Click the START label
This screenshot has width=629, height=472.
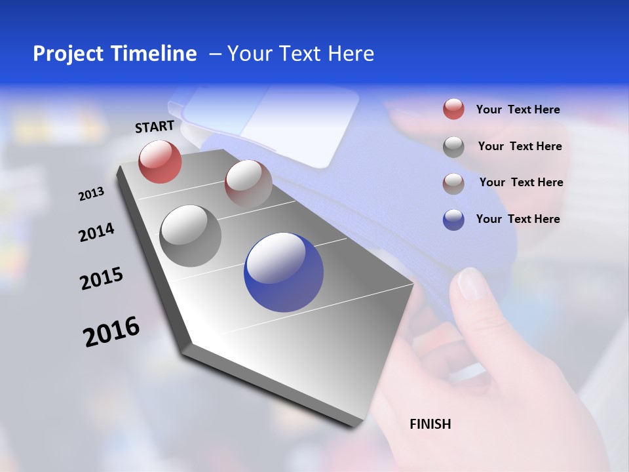click(x=155, y=127)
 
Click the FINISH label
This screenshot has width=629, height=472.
click(x=430, y=424)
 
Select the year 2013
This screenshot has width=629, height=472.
click(x=91, y=194)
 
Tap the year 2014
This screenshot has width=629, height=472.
click(x=96, y=233)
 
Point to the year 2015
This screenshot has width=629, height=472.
click(x=102, y=279)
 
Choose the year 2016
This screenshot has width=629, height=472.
click(x=111, y=332)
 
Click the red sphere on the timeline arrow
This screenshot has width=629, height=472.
click(x=160, y=161)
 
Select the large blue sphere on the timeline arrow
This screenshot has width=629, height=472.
click(x=283, y=272)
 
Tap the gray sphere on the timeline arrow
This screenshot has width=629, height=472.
click(x=191, y=236)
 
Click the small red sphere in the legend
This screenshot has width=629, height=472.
click(x=453, y=109)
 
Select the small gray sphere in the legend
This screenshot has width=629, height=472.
click(x=453, y=147)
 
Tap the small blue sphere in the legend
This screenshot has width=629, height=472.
click(x=453, y=220)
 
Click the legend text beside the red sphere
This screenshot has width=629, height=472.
click(x=518, y=109)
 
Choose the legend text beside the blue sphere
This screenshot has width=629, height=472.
click(x=518, y=219)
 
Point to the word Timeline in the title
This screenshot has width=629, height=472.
click(x=155, y=54)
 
